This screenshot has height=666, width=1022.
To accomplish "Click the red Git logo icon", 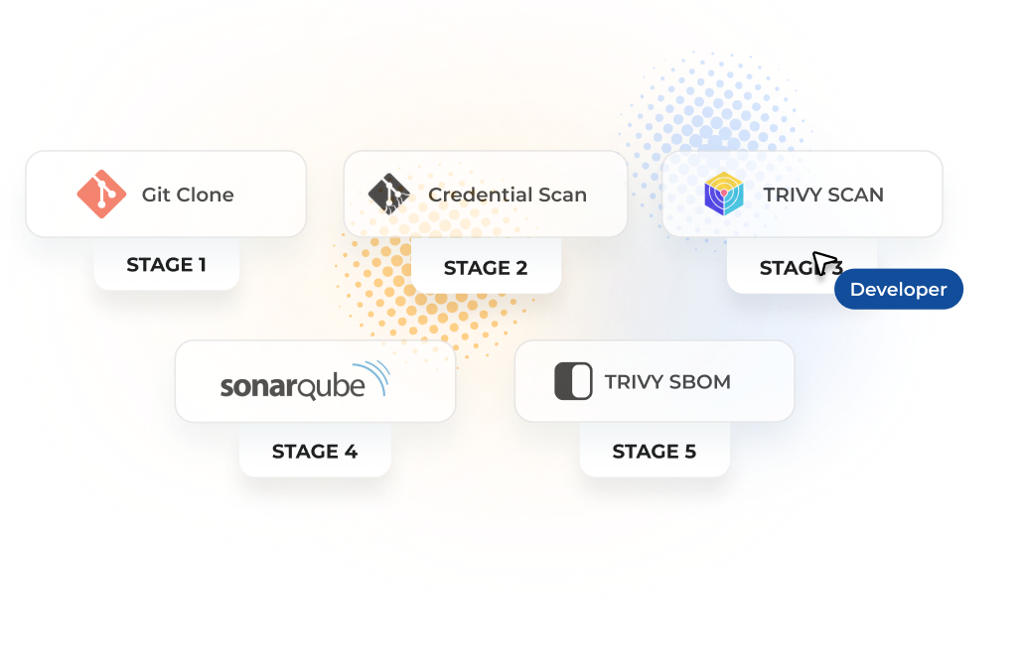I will click(x=101, y=195).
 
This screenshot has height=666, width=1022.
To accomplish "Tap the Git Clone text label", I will click(x=188, y=195).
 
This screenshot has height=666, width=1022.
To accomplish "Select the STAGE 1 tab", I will click(x=167, y=265).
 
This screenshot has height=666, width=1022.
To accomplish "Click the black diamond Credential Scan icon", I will click(x=389, y=195).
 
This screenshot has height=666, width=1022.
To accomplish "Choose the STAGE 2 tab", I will click(x=486, y=268).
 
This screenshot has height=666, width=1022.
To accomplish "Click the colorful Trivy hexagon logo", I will click(x=724, y=195).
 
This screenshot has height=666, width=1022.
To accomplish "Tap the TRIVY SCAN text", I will click(x=823, y=195).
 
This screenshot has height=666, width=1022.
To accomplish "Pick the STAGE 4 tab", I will click(x=315, y=452).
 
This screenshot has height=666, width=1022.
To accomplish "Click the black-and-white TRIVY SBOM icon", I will click(x=573, y=382).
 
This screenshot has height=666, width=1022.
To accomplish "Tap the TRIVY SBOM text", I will click(x=667, y=382).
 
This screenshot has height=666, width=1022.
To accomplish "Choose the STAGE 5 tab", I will click(x=655, y=452).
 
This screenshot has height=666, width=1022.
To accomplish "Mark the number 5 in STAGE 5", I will click(x=689, y=452).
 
